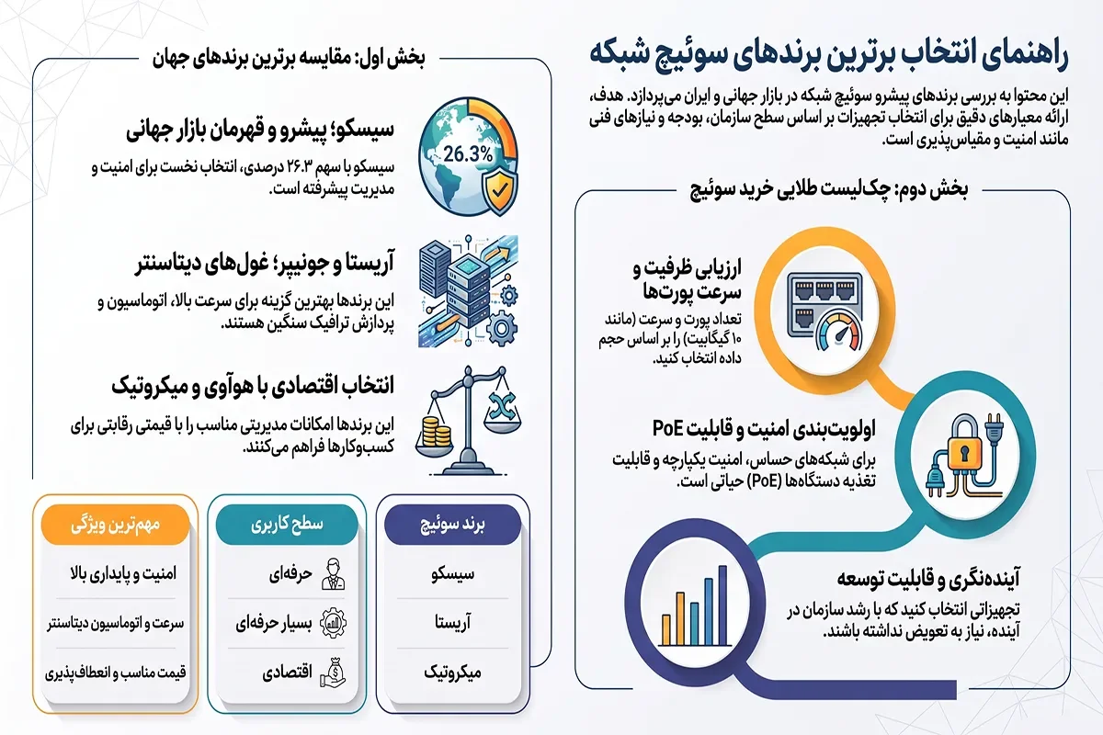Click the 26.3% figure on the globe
[468, 154]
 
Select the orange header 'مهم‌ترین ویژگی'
[115, 525]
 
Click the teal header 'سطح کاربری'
[287, 525]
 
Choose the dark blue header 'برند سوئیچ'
[452, 525]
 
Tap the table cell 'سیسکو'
[452, 574]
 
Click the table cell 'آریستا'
[452, 623]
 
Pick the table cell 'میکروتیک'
[452, 673]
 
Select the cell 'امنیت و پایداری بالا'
[123, 574]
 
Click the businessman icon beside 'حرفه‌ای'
[333, 574]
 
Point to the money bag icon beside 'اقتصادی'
[333, 673]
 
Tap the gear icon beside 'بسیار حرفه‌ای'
[333, 623]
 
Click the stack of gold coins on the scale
[437, 431]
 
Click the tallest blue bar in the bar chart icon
[722, 605]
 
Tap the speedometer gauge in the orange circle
[840, 333]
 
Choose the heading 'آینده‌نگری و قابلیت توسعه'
[928, 579]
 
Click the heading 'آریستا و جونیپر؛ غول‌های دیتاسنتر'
[265, 264]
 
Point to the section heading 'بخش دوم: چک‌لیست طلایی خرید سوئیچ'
[829, 190]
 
